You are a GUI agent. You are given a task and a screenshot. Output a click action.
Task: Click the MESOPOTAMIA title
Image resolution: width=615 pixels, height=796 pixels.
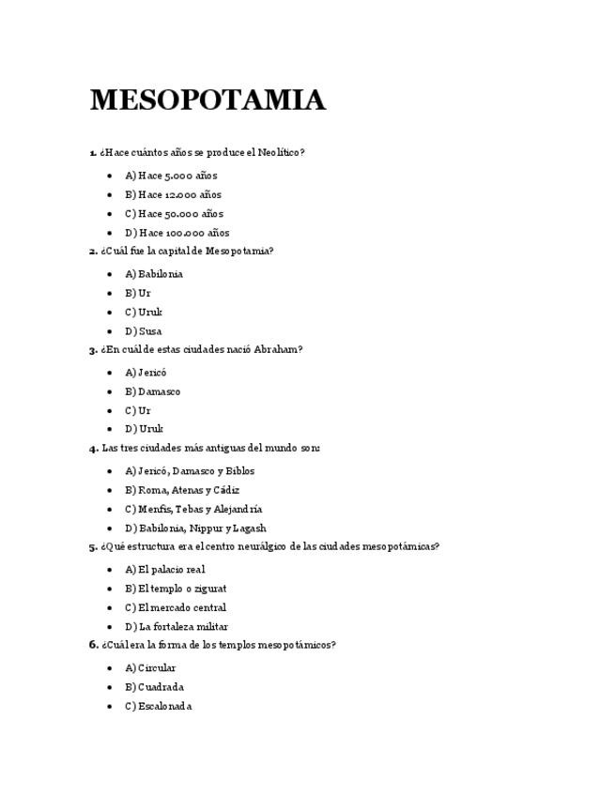[x=208, y=100]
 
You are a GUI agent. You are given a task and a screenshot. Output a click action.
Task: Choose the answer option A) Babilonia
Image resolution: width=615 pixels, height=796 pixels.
[x=154, y=274]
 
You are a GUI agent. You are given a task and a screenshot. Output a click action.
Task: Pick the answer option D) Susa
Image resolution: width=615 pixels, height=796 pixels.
[x=143, y=331]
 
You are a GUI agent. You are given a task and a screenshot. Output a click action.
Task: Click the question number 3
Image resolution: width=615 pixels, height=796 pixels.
[x=93, y=350]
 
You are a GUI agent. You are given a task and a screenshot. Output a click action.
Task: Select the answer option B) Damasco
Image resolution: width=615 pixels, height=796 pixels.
[x=152, y=391]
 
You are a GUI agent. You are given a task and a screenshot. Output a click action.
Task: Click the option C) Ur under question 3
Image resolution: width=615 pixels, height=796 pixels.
[x=137, y=410]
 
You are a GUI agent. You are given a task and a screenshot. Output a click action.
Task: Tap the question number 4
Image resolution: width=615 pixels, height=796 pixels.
[x=93, y=449]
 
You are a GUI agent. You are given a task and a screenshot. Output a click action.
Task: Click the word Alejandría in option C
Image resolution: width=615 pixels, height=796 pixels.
[x=238, y=509]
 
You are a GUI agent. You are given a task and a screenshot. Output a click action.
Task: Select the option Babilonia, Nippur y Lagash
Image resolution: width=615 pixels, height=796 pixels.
[x=195, y=528]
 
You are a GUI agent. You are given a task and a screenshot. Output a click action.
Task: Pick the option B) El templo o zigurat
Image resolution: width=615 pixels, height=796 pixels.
[x=176, y=589]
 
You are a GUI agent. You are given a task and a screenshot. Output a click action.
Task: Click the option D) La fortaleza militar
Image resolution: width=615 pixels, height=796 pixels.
[x=177, y=627]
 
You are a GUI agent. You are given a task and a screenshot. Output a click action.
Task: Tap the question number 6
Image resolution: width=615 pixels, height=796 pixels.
[x=93, y=645]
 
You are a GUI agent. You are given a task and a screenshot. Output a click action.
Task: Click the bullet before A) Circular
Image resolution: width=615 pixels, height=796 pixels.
[x=110, y=668]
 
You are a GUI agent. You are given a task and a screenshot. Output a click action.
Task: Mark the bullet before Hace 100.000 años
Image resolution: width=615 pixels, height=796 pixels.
[x=110, y=233]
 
